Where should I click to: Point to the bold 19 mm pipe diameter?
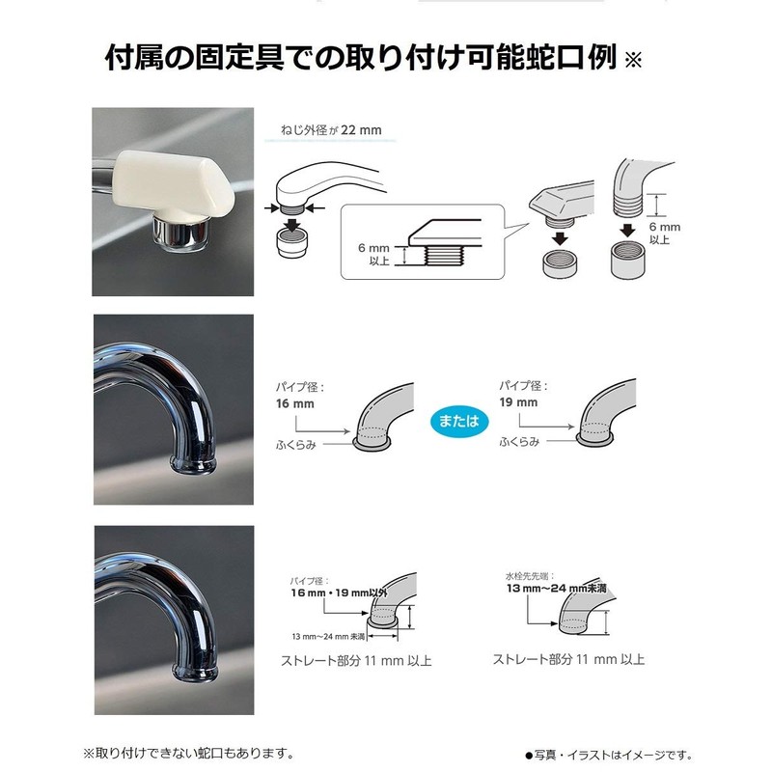pyautogui.click(x=518, y=401)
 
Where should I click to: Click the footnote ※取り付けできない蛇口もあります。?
pyautogui.click(x=187, y=752)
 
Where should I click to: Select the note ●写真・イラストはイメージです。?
pyautogui.click(x=608, y=755)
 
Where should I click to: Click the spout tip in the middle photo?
pyautogui.click(x=195, y=460)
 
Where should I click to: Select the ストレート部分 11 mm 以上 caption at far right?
pyautogui.click(x=568, y=660)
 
